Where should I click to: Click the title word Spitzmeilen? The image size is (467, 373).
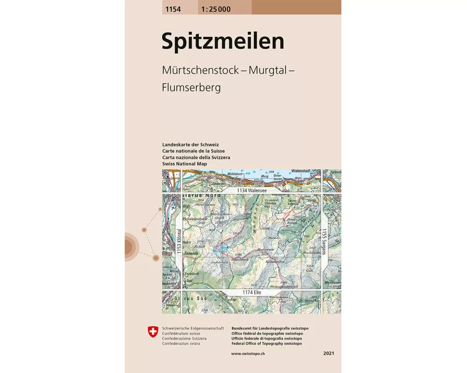(223, 41)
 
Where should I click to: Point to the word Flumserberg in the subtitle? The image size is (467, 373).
(191, 87)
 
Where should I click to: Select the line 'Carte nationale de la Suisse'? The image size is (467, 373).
(193, 151)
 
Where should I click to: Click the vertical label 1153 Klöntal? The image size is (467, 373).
(178, 242)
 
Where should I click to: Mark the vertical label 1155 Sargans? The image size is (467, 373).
(324, 241)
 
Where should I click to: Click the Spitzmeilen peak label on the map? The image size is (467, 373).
(274, 262)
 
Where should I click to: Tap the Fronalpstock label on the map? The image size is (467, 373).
(196, 218)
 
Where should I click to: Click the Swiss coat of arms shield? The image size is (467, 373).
(153, 332)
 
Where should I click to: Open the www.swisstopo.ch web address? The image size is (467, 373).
(248, 354)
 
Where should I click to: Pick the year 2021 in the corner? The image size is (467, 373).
(329, 354)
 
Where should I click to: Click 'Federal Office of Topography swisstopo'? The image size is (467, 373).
(266, 344)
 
